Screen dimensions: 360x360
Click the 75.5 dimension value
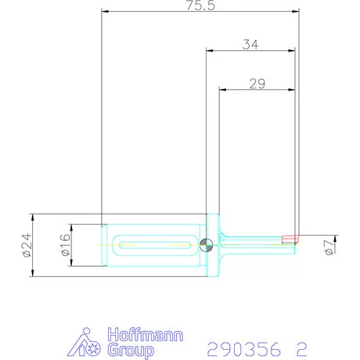(x=200, y=5)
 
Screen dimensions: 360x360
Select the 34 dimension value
(x=250, y=45)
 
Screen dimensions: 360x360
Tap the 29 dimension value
(x=257, y=84)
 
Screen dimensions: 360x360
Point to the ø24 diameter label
(x=27, y=245)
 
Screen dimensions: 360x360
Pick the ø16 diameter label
(x=65, y=245)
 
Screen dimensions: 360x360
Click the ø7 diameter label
(x=329, y=247)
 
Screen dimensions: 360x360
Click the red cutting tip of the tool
(x=290, y=239)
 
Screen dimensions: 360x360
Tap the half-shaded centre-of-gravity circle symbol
(x=206, y=245)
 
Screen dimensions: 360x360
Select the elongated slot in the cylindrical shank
(x=155, y=245)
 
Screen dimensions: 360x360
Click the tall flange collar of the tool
(x=213, y=245)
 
